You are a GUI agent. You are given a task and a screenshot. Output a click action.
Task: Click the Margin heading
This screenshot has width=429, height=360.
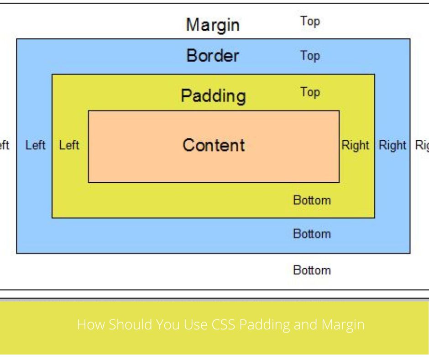212,25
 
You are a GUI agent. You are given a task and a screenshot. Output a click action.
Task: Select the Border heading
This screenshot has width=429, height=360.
212,56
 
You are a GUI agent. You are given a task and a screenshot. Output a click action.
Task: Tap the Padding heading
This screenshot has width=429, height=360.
213,96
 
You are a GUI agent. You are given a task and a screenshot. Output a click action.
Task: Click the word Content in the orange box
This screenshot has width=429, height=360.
214,145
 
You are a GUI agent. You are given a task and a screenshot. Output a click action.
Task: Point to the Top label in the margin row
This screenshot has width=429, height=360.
310,21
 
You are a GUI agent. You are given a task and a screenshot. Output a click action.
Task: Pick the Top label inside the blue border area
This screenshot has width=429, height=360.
310,56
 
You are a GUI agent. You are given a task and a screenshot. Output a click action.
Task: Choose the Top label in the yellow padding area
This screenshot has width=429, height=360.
310,92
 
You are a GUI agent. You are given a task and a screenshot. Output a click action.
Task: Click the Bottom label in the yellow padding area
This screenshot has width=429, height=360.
312,200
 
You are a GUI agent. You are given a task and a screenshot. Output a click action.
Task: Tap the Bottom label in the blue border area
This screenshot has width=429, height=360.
312,234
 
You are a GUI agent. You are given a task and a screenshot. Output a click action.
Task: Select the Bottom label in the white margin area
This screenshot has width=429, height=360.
312,270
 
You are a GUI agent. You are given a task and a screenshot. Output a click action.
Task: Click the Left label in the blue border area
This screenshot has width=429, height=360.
36,145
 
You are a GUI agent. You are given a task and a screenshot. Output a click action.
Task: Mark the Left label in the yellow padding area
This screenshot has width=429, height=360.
69,145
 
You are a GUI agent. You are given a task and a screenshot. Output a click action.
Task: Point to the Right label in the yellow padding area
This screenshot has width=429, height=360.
355,145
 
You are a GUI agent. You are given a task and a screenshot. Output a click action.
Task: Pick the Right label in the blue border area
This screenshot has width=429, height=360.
392,145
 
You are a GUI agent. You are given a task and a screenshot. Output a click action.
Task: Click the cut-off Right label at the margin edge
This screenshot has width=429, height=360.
422,146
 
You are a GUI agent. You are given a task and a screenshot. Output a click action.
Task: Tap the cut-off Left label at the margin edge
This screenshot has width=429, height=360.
4,145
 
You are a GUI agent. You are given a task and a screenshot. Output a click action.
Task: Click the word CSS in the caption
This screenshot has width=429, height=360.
223,325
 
